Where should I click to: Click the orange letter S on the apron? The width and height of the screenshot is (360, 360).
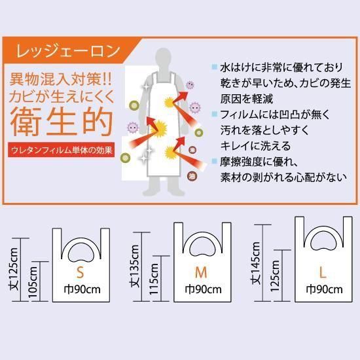point(80,272)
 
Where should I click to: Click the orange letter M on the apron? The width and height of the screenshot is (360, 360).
point(201,272)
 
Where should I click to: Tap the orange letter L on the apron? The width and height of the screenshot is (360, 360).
point(323,272)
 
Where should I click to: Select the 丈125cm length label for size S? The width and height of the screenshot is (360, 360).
point(13,269)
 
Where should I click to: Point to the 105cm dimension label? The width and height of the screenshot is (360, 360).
point(32,282)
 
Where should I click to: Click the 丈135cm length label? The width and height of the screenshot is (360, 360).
point(134,266)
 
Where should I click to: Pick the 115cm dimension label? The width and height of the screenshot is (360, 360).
point(154,279)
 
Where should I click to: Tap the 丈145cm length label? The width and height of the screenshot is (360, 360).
point(255,263)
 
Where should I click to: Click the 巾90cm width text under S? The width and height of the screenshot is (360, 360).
point(82,289)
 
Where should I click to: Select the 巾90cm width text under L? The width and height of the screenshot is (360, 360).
point(325,289)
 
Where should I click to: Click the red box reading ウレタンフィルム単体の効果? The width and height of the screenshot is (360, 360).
point(62,150)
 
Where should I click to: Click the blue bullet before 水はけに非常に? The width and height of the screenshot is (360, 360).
point(215,67)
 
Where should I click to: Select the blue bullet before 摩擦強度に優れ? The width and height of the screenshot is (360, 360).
point(215,161)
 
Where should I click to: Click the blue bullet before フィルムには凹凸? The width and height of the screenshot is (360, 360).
point(215,114)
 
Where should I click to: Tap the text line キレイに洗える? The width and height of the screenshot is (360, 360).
point(255,145)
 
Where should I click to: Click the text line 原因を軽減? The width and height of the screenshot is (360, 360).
point(247,99)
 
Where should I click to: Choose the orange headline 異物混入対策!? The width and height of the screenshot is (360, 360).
point(61,80)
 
